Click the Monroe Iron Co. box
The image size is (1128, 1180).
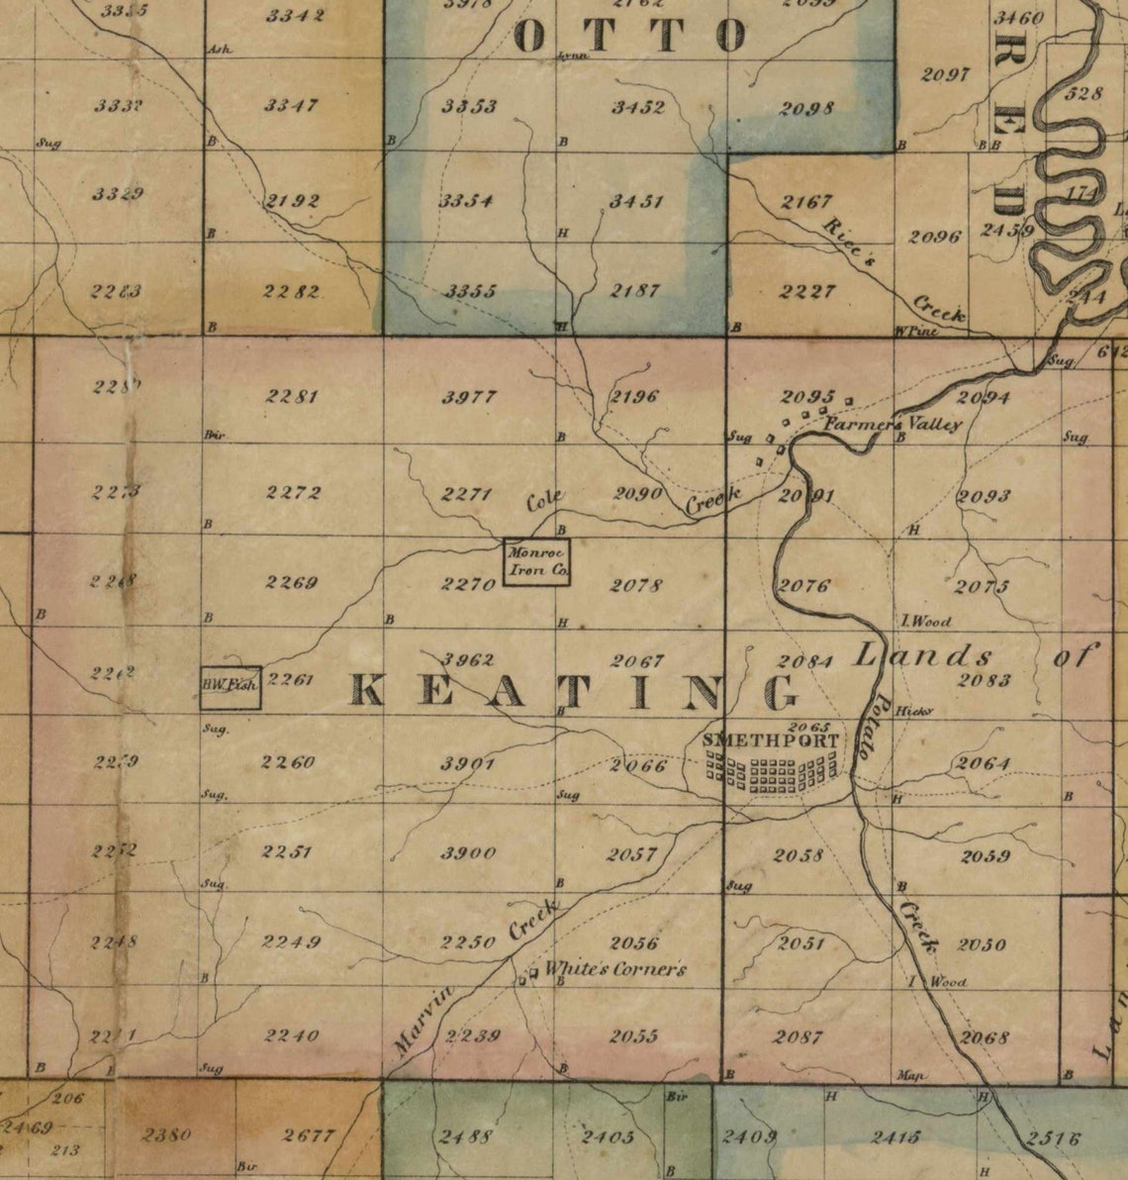tap(536, 562)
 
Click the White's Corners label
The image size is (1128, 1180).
tap(614, 970)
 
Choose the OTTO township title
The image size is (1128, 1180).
tap(629, 37)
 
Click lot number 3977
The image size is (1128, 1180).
tap(469, 398)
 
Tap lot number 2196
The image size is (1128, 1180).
tap(634, 398)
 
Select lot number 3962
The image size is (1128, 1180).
tap(467, 659)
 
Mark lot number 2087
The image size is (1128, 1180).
tap(798, 1036)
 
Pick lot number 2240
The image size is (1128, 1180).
tap(292, 1035)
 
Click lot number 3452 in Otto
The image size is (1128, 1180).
tap(637, 107)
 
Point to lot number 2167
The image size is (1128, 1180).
tap(805, 202)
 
